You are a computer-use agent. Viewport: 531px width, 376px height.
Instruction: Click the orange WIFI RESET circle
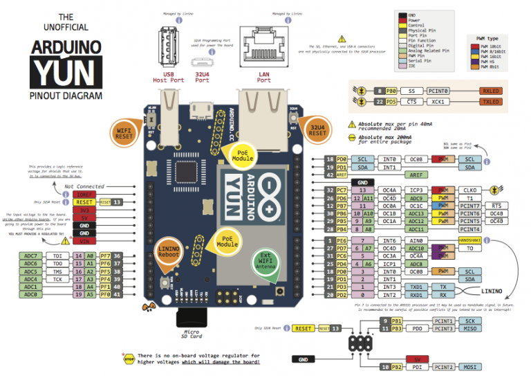[124, 132]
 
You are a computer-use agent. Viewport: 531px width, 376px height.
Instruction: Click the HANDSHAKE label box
[471, 240]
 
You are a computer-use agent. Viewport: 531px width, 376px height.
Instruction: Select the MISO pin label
[469, 329]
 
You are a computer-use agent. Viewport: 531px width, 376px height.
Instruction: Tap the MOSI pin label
[469, 367]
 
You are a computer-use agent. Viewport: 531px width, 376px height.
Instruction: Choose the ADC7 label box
[30, 256]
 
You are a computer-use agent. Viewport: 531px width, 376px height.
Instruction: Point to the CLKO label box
[470, 190]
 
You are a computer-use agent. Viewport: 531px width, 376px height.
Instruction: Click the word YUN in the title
[66, 72]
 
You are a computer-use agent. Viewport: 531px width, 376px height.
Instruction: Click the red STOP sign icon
[128, 359]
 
